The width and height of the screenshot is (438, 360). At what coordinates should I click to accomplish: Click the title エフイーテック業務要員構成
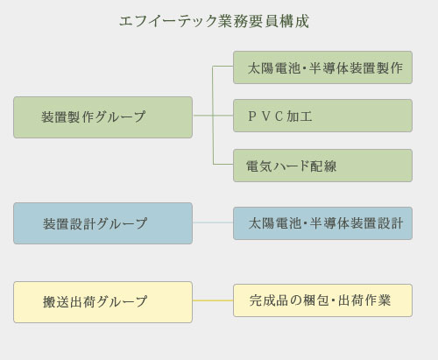(214, 21)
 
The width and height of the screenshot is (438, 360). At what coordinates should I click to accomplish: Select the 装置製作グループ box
(102, 117)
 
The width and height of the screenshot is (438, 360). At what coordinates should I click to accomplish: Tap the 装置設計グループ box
(102, 223)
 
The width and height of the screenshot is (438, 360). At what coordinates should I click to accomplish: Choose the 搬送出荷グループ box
(102, 302)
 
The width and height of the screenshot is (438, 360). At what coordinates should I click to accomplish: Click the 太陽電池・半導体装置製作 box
(322, 67)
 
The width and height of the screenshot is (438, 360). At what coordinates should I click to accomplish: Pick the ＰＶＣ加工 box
(322, 116)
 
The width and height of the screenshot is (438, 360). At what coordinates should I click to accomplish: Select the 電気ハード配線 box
(322, 166)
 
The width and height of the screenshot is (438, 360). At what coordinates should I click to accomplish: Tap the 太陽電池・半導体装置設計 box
(322, 223)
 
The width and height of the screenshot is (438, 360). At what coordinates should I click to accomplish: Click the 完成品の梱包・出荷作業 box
(322, 300)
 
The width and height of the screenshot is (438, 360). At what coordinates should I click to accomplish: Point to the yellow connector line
(213, 300)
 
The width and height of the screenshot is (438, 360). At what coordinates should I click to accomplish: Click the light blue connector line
(213, 222)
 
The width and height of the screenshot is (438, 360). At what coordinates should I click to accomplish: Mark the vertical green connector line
(213, 116)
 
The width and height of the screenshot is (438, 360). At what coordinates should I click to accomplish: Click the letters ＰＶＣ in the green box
(265, 116)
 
